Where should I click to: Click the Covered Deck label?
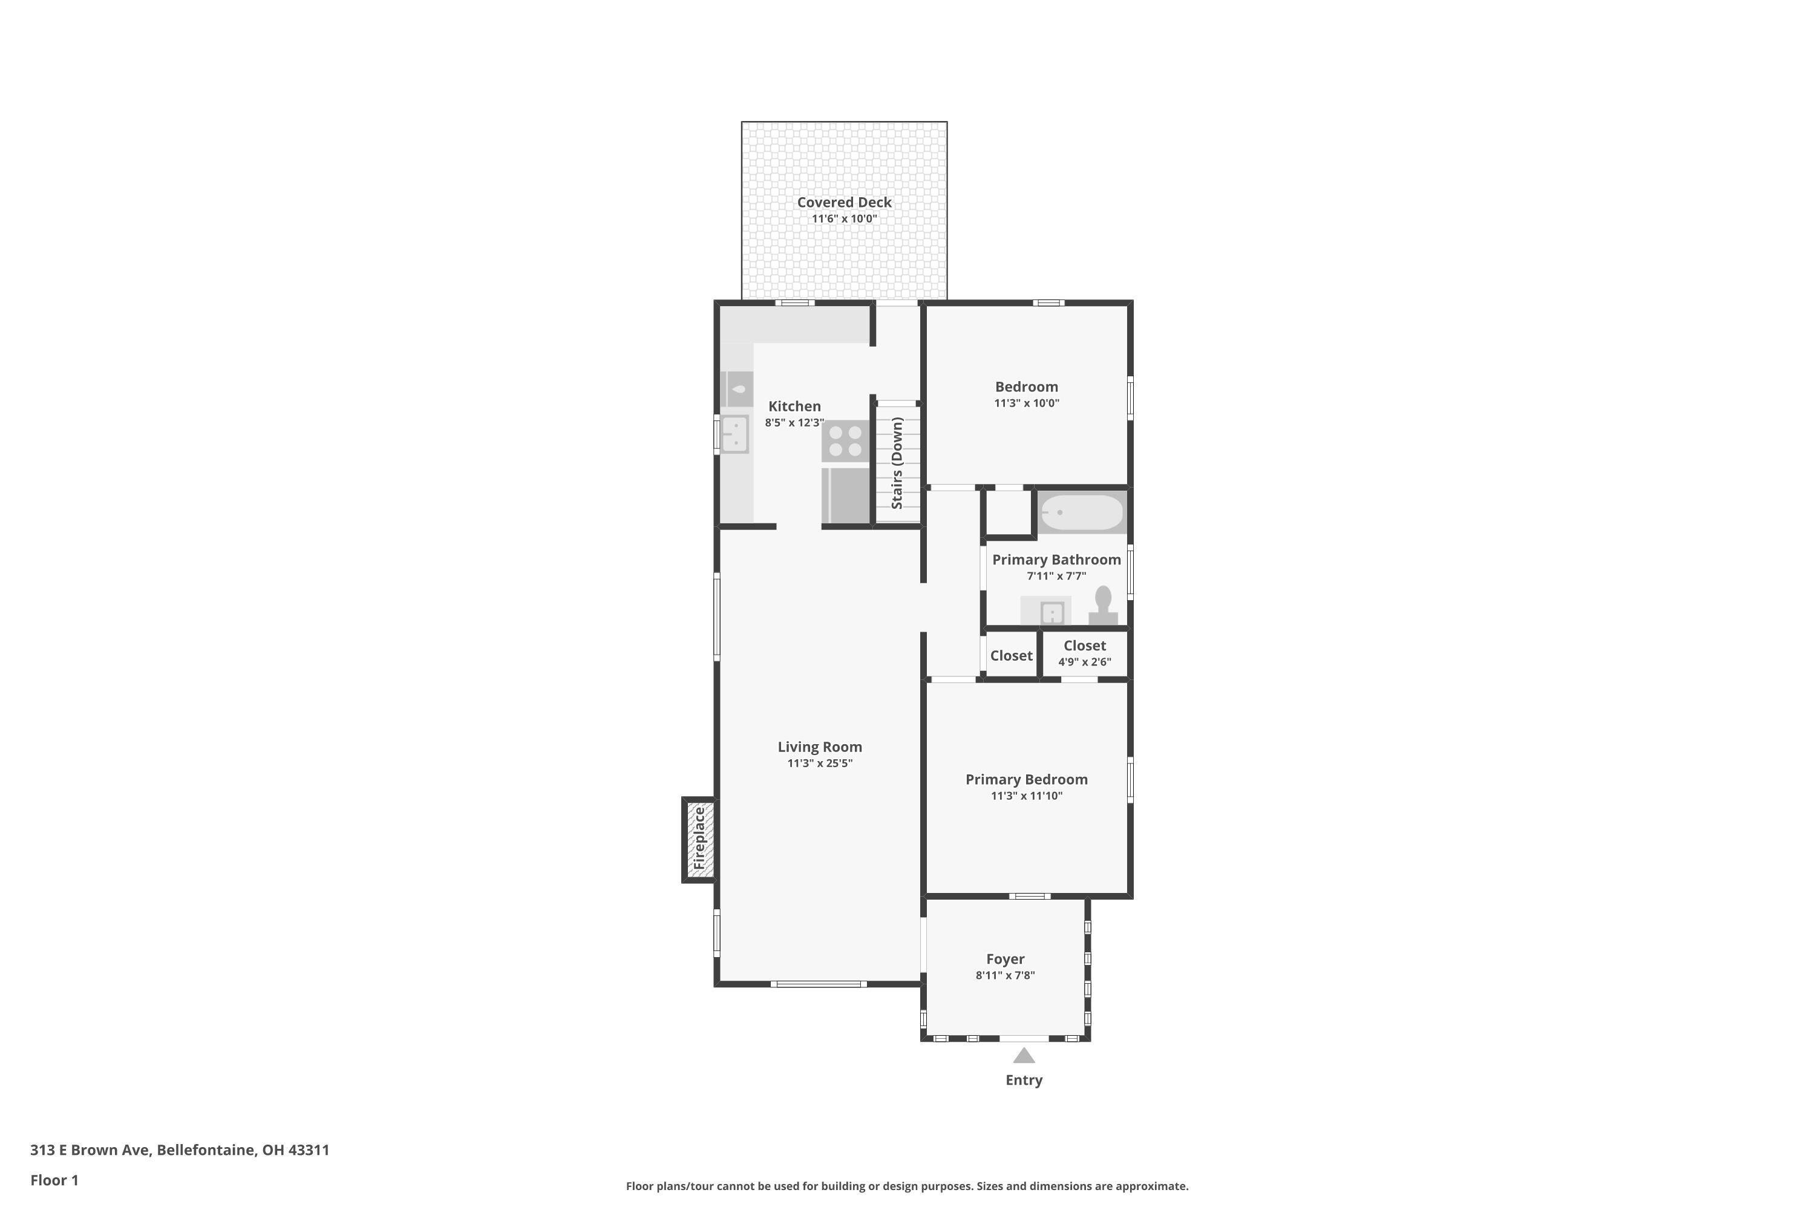[x=843, y=202]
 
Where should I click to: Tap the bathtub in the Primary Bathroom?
[x=1081, y=512]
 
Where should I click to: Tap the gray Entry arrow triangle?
[x=1023, y=1056]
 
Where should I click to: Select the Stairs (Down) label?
[x=897, y=463]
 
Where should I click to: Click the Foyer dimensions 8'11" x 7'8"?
[x=1005, y=975]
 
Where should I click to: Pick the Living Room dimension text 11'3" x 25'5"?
[x=820, y=763]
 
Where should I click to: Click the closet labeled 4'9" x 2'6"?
[x=1084, y=653]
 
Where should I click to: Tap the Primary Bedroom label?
[x=1026, y=779]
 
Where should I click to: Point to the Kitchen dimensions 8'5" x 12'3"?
[x=794, y=423]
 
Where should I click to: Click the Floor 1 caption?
[x=54, y=1180]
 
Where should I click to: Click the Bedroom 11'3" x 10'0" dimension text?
[x=1026, y=403]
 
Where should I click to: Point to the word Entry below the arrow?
[x=1023, y=1081]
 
